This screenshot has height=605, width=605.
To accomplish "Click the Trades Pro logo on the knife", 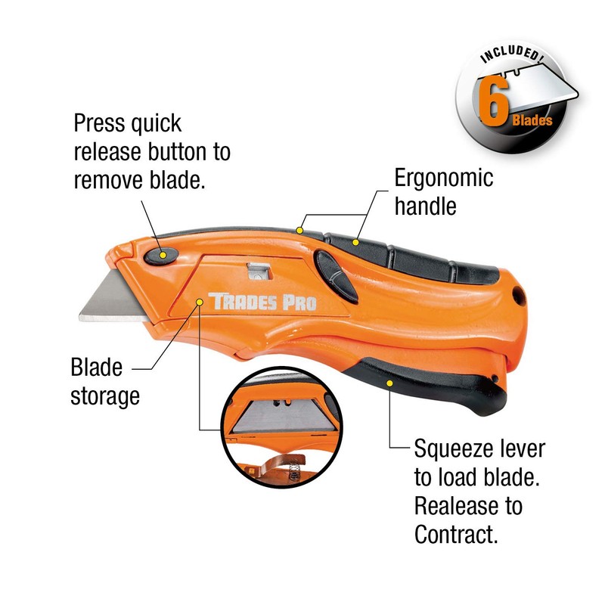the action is click(x=262, y=302).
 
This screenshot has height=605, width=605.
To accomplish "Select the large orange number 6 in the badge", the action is click(x=495, y=106).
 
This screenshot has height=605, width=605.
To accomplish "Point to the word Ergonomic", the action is click(x=444, y=178).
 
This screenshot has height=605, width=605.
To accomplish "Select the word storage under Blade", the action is click(x=105, y=396).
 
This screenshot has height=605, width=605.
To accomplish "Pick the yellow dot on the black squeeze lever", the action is click(x=389, y=383).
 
